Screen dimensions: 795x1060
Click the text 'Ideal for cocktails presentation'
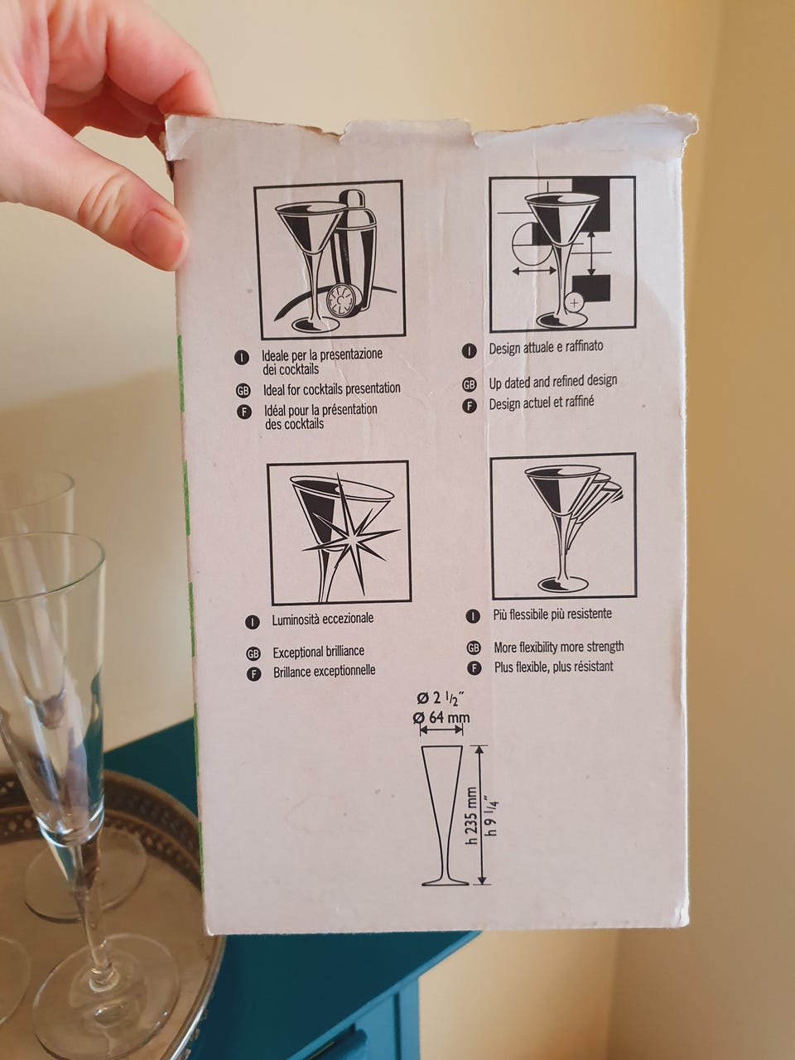point(331,388)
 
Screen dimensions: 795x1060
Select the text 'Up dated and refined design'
point(553,382)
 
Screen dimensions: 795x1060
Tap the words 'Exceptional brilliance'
point(319,653)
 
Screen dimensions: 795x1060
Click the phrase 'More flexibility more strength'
point(558,647)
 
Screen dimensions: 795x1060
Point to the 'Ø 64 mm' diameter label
point(441,718)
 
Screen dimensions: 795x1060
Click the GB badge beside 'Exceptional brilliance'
point(253,654)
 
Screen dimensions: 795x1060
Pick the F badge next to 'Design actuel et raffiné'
point(470,406)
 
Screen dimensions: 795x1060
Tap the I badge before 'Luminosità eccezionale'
point(252,622)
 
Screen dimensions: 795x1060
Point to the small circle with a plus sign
point(573,303)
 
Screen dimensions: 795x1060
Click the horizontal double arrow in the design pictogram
point(534,272)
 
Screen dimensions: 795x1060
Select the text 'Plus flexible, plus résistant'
point(554,667)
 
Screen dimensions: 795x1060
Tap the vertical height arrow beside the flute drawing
point(480,816)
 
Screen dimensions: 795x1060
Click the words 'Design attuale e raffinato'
point(546,348)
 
